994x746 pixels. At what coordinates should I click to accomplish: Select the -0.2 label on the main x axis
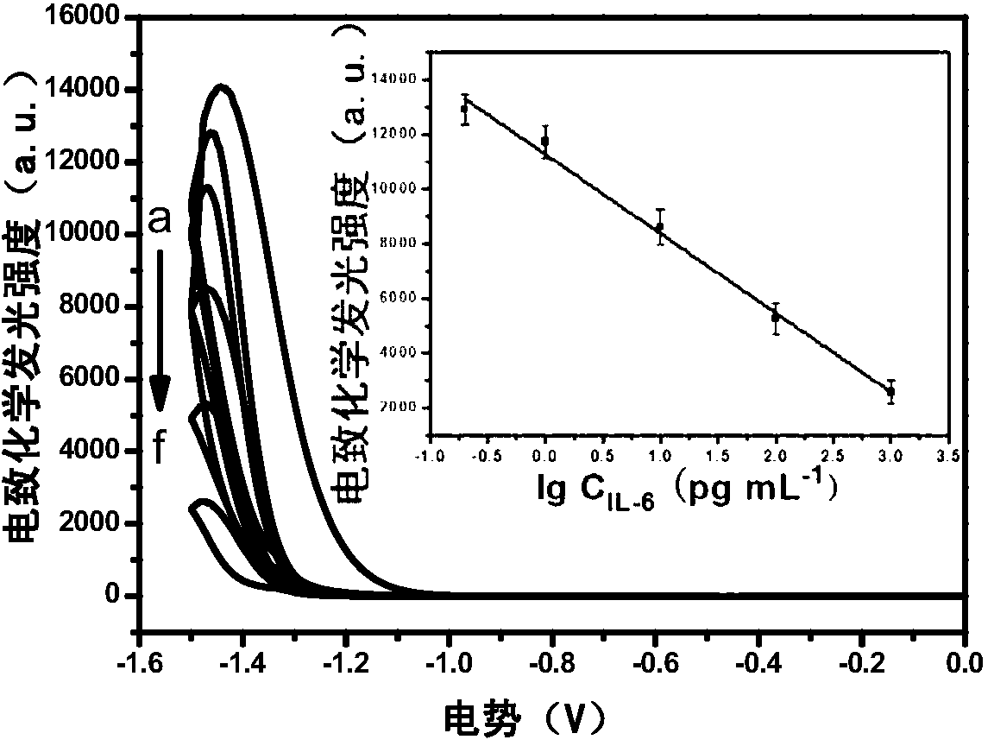point(862,664)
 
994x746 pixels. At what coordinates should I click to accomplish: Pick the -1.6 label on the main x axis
point(140,664)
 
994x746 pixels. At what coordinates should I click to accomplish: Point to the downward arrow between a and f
point(160,330)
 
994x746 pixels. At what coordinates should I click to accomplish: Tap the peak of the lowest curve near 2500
point(204,501)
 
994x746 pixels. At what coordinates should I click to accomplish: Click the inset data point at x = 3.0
point(890,391)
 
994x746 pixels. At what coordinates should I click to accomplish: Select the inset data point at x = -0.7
point(465,109)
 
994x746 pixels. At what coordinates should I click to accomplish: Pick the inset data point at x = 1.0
point(660,226)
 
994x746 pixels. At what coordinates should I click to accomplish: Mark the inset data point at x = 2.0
point(776,317)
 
